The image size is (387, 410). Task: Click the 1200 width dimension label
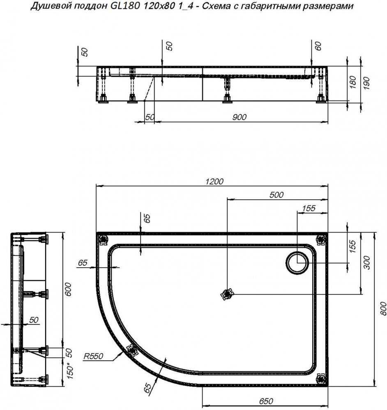click(214, 181)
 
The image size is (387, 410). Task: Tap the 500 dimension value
click(276, 195)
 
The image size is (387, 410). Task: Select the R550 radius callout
click(93, 356)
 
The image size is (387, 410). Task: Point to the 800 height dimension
click(383, 309)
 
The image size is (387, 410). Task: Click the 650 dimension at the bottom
click(266, 401)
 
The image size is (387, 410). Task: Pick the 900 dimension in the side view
click(239, 117)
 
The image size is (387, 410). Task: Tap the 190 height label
click(366, 83)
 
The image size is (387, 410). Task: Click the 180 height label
click(353, 82)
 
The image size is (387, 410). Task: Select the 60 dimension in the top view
click(318, 46)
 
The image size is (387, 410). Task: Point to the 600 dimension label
click(68, 289)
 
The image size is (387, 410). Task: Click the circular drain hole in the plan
click(297, 263)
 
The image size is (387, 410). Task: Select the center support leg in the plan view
click(227, 294)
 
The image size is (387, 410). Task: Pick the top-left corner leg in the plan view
click(103, 239)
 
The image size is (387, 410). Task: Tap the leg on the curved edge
click(132, 350)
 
